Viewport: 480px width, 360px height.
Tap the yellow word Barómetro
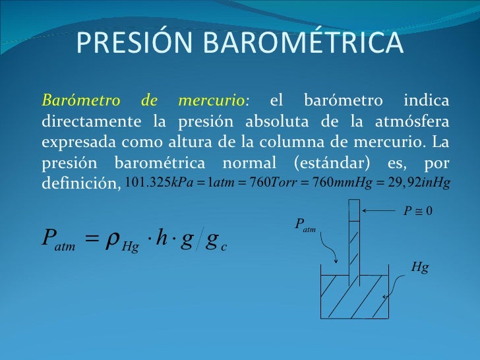click(x=80, y=101)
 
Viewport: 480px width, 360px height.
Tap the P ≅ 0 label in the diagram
click(x=417, y=211)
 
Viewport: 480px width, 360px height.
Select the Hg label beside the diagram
click(x=419, y=268)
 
